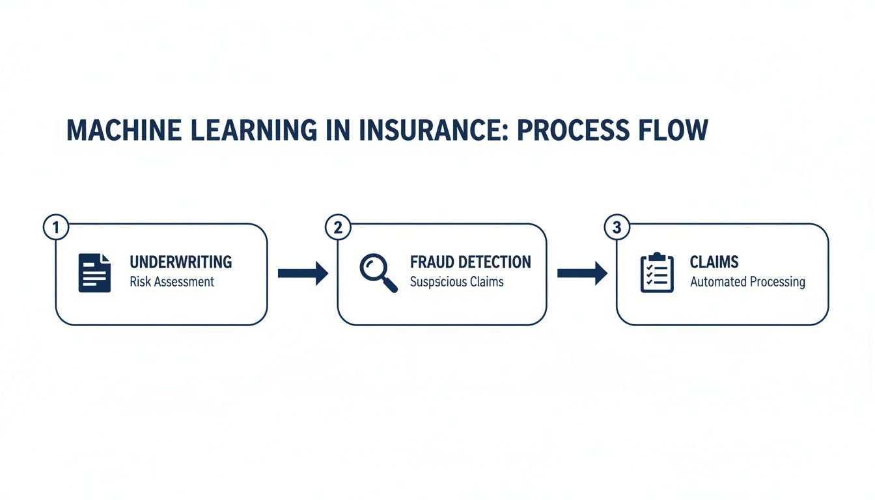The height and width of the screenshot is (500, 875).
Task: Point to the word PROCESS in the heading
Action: click(571, 130)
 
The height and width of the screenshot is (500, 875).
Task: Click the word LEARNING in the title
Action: click(251, 130)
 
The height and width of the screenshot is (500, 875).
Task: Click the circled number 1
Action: click(56, 228)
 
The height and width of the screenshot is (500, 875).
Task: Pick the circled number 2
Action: click(337, 228)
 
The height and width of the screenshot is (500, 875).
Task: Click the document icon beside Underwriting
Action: click(94, 273)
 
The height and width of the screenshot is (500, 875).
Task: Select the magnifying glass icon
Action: click(378, 273)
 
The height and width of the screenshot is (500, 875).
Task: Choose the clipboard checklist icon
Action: click(657, 273)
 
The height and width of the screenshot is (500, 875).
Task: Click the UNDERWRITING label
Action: click(180, 262)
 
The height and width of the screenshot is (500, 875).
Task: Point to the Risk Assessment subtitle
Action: click(172, 282)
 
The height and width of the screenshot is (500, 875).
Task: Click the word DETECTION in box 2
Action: click(496, 262)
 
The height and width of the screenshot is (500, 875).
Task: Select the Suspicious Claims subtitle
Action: click(457, 282)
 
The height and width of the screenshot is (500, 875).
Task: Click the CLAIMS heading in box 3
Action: click(714, 262)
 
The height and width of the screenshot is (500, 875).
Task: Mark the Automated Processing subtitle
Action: click(747, 282)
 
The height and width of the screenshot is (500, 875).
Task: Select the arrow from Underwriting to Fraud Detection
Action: click(303, 273)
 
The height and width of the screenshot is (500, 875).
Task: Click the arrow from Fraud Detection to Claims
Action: click(582, 273)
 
